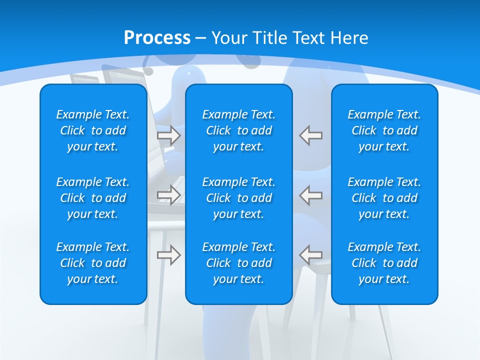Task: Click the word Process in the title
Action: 157,38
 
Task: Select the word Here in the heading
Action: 349,38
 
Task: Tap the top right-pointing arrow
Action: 168,135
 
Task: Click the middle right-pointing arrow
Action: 168,194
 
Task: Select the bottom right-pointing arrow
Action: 168,255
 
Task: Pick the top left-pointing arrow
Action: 311,135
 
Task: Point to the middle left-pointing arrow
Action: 311,194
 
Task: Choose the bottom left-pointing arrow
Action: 311,255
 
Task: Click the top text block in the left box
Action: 93,130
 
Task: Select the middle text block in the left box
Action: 93,198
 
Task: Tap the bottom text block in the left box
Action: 93,263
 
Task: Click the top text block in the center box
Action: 239,130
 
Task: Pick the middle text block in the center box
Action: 239,198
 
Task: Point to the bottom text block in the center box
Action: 239,263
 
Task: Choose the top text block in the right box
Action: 384,130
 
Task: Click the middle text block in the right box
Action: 384,198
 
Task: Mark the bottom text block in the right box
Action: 384,263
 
